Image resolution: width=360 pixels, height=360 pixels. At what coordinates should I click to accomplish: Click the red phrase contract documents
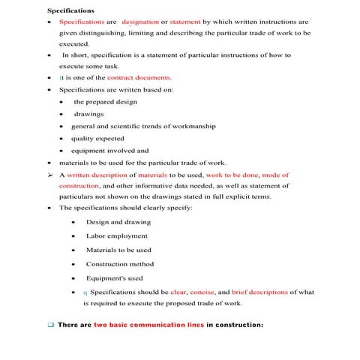click(x=139, y=77)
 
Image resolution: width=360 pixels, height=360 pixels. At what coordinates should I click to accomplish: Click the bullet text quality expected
click(x=99, y=138)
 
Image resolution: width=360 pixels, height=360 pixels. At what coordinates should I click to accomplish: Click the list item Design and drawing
click(x=118, y=222)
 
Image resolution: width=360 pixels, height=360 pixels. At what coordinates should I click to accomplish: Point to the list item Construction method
click(x=120, y=264)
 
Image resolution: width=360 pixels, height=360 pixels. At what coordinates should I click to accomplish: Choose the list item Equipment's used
click(x=114, y=278)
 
